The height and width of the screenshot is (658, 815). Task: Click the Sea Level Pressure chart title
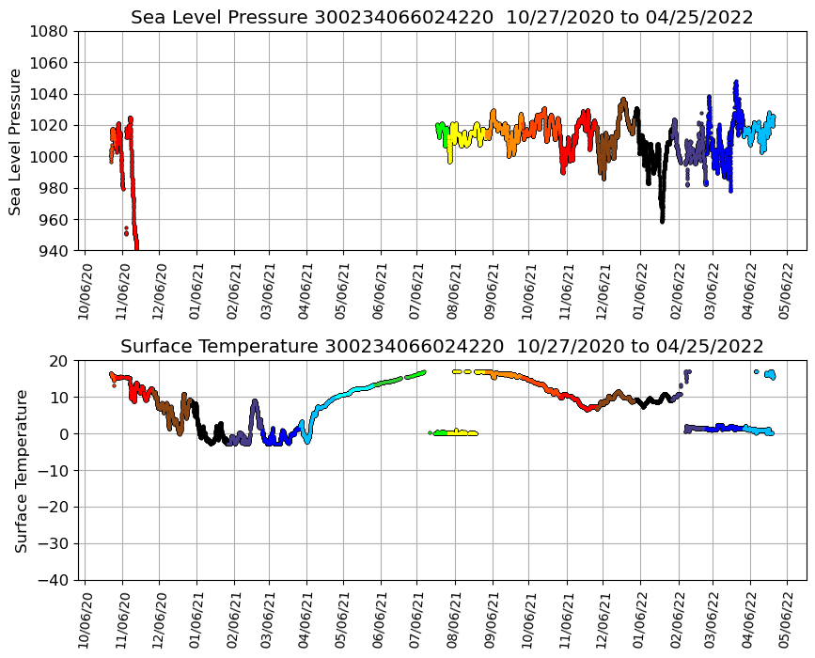tap(442, 18)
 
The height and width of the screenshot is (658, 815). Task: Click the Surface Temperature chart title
tap(442, 346)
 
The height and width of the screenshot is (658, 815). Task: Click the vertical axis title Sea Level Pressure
tap(16, 141)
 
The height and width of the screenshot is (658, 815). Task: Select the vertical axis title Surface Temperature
tap(21, 470)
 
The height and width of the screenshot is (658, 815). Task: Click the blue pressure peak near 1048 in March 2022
tap(736, 83)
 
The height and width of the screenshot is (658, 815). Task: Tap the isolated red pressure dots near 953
tap(126, 230)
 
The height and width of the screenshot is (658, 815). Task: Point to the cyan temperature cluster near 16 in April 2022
tap(770, 374)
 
